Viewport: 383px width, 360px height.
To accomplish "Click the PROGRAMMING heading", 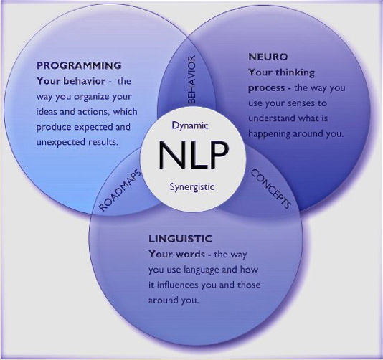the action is (79, 65).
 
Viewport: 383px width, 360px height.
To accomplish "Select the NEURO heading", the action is (268, 57).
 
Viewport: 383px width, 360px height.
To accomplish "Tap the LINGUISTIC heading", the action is (181, 239).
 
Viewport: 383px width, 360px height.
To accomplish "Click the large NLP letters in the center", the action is (194, 155).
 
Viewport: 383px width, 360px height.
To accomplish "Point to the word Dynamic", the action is (190, 125).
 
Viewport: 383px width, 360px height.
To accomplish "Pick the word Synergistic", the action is (192, 187).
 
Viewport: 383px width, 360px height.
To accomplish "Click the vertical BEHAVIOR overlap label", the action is (191, 80).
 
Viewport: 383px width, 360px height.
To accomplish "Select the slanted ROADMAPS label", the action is (120, 190).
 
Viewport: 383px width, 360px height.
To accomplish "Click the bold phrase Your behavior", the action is (71, 81).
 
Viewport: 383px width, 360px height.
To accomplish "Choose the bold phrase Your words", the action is (176, 255).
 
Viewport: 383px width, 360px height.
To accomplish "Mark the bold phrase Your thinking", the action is (282, 72).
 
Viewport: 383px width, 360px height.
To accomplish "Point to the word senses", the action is (296, 103).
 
